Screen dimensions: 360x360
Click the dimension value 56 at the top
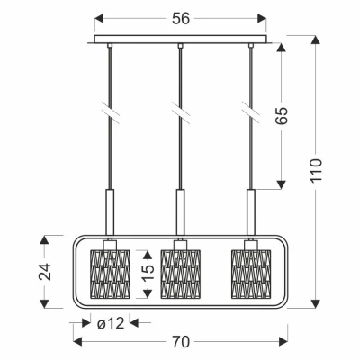[x=181, y=19]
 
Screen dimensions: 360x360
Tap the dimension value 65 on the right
[x=282, y=115]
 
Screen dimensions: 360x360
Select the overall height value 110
[x=316, y=170]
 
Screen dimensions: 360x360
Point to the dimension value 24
[x=45, y=272]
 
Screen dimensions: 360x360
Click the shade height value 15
[x=148, y=273]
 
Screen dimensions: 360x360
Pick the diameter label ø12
[x=111, y=323]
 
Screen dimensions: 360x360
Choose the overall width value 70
[x=181, y=341]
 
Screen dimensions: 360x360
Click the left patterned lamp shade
[x=110, y=274]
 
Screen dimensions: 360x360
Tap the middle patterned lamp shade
[x=180, y=274]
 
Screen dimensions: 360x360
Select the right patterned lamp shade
[x=251, y=274]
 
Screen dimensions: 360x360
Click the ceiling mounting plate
[x=180, y=40]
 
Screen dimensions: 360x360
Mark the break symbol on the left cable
[x=110, y=112]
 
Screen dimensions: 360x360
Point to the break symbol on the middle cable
[x=180, y=112]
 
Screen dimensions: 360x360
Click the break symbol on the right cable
[x=251, y=112]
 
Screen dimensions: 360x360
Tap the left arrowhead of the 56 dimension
[x=99, y=18]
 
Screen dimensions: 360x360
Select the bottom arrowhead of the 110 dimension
[x=316, y=303]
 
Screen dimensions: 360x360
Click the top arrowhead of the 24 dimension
[x=44, y=240]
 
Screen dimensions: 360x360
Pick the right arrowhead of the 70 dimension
[x=283, y=341]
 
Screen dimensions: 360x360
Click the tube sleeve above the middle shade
[x=180, y=211]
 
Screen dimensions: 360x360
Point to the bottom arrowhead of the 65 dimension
[x=281, y=184]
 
